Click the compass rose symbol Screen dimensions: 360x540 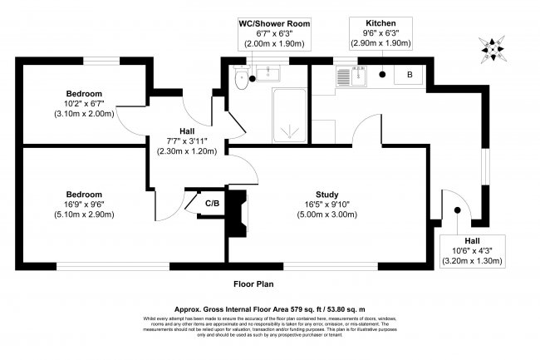pos(495,50)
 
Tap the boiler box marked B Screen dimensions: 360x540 pos(408,75)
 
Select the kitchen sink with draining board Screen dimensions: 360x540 pos(352,76)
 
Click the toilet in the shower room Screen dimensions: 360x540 pos(241,81)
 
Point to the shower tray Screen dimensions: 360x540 pos(290,117)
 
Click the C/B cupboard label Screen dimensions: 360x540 pos(213,202)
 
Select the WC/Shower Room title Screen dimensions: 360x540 pos(271,24)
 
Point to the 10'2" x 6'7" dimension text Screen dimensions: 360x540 pos(85,103)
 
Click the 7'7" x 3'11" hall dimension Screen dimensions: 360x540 pos(187,141)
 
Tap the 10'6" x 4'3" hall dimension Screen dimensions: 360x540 pos(472,251)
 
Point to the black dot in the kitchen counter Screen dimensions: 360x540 pos(381,75)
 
